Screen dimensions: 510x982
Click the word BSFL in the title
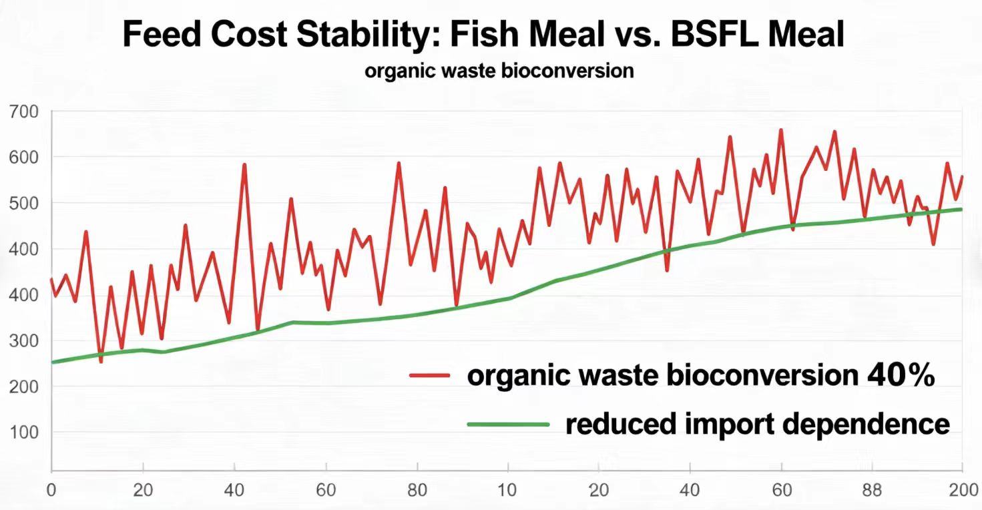pyautogui.click(x=714, y=35)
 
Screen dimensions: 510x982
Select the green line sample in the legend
pyautogui.click(x=507, y=424)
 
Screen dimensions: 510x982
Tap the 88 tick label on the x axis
pyautogui.click(x=872, y=489)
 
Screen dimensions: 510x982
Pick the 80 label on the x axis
pyautogui.click(x=417, y=489)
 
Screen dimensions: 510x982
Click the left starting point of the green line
pyautogui.click(x=52, y=362)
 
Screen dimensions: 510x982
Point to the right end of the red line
pyautogui.click(x=962, y=176)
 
